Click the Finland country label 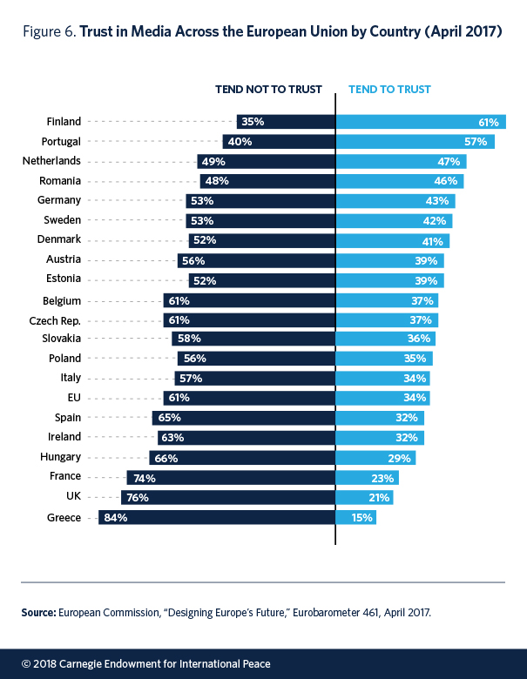click(x=63, y=122)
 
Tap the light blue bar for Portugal click(x=415, y=141)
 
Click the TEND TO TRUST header click(x=389, y=89)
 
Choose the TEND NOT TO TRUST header click(x=269, y=89)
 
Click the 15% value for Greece click(x=363, y=518)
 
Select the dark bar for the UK click(x=227, y=498)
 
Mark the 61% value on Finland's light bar click(x=488, y=122)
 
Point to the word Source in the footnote click(x=38, y=612)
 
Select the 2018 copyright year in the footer click(x=44, y=663)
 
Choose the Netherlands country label click(x=51, y=161)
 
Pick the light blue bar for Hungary click(x=375, y=457)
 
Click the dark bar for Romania click(x=267, y=181)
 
